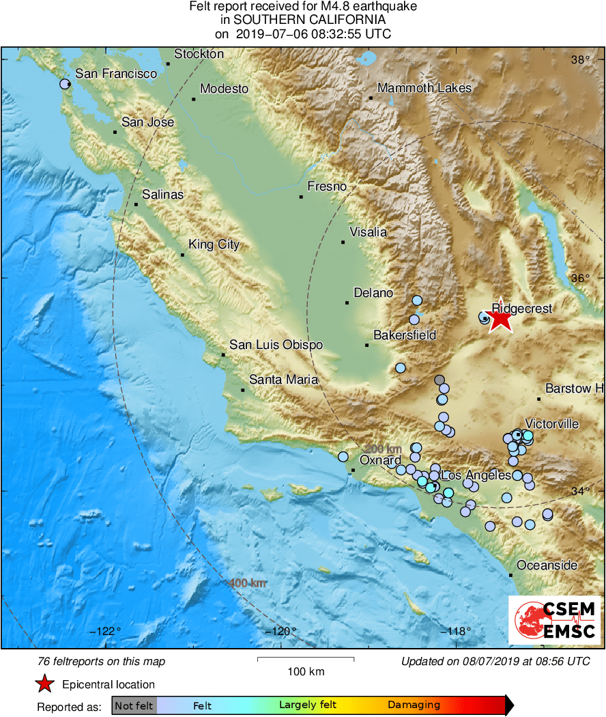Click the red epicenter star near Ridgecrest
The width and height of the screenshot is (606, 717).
(x=500, y=318)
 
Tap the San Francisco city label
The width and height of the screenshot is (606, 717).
(x=116, y=74)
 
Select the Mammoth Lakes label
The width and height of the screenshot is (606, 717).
(x=424, y=88)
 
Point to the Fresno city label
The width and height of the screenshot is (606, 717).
(x=327, y=186)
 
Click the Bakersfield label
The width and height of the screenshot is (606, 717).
(x=405, y=335)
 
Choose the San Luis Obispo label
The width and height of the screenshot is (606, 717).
(x=276, y=346)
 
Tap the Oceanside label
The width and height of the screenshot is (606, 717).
(x=547, y=565)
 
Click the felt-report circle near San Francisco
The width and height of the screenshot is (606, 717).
(x=65, y=84)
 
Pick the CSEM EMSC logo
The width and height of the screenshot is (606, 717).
(x=555, y=620)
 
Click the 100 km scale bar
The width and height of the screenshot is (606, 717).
(x=306, y=659)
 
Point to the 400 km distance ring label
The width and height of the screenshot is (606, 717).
(x=248, y=583)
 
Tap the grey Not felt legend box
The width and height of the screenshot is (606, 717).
(x=134, y=705)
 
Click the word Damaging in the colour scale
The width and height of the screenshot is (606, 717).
(x=414, y=705)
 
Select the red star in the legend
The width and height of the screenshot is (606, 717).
(x=45, y=684)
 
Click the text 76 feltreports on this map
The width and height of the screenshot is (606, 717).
(x=101, y=662)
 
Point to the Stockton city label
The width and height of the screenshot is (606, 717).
(x=199, y=54)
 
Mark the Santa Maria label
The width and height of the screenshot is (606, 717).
(x=283, y=380)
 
